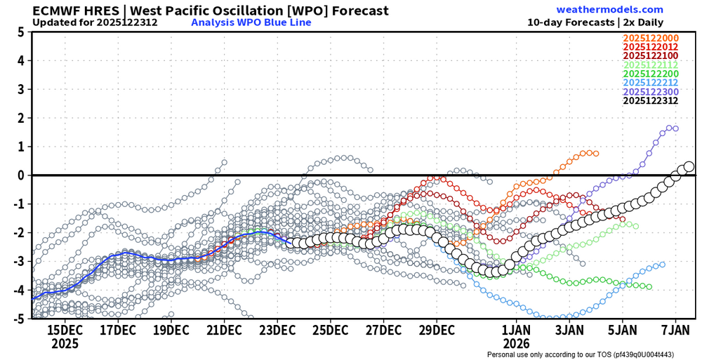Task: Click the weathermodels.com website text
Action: pos(609,10)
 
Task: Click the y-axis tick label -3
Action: pos(19,262)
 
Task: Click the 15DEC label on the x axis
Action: pos(65,330)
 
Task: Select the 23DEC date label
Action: pos(277,330)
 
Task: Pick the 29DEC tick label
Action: pos(436,330)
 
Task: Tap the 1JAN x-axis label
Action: pos(517,330)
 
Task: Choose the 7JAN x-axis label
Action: pos(675,330)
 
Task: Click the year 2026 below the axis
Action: pos(517,344)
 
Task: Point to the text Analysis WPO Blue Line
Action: pos(251,22)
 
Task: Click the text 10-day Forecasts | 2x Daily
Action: pos(595,22)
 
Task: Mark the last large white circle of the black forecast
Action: pos(689,167)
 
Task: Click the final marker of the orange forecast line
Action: pos(596,153)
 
